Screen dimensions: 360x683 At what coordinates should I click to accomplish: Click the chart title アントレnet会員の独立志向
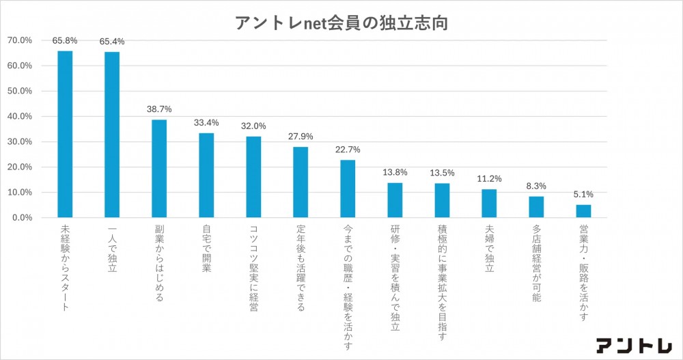(x=342, y=22)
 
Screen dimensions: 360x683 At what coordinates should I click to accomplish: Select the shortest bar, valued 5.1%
(x=583, y=211)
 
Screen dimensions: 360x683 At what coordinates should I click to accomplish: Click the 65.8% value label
(x=65, y=40)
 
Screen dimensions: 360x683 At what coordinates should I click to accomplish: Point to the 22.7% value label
(x=348, y=149)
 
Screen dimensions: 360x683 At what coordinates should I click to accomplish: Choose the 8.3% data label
(x=536, y=185)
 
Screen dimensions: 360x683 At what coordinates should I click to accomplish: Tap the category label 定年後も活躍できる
(x=301, y=268)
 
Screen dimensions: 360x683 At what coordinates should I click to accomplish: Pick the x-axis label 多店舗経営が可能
(x=536, y=264)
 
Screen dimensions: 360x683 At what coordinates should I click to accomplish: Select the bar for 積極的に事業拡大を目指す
(x=442, y=200)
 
